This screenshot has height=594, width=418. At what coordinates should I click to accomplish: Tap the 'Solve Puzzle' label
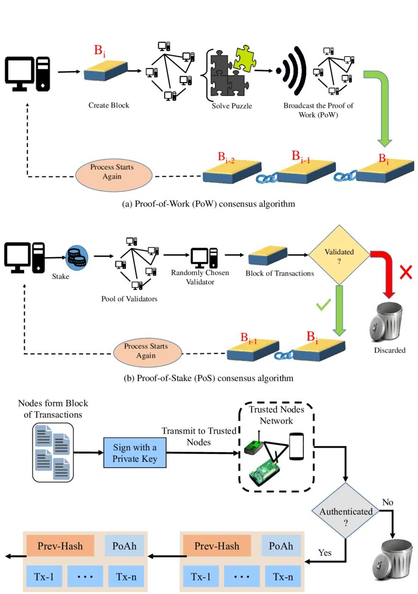point(232,105)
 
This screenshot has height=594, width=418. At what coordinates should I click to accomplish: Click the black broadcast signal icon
point(294,70)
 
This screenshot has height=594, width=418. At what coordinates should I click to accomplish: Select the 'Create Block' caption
point(109,105)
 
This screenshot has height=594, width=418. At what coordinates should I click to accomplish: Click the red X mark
point(406,272)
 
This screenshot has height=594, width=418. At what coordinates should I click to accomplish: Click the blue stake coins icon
point(77,257)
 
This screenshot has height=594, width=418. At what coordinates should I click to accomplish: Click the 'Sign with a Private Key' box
point(135,453)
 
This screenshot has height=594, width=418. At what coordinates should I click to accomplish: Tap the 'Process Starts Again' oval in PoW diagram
point(112,172)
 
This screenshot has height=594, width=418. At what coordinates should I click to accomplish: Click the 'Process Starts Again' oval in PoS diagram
point(146,351)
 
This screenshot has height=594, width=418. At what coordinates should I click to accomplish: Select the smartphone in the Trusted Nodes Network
point(296,446)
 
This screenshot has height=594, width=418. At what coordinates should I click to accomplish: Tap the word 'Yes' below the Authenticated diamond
point(325,552)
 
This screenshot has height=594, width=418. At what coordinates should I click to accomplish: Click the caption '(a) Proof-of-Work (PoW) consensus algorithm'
point(209,204)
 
